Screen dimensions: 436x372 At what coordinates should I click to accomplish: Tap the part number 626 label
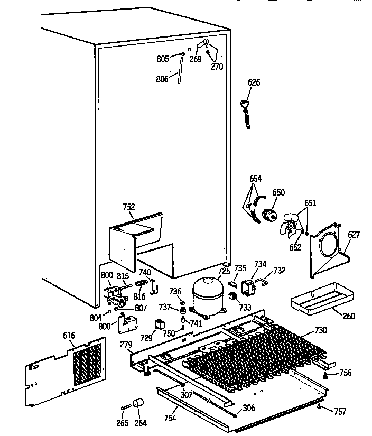(x=254, y=82)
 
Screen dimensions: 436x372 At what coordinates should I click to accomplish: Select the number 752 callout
(x=129, y=207)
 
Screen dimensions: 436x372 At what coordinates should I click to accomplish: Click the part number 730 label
(x=320, y=330)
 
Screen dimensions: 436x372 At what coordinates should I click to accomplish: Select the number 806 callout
(x=162, y=79)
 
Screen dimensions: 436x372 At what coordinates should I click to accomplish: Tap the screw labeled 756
(x=326, y=376)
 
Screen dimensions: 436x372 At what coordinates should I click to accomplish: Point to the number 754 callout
(x=170, y=419)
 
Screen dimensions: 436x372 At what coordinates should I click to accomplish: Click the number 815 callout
(x=123, y=275)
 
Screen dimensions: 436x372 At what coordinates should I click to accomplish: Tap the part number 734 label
(x=260, y=264)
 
